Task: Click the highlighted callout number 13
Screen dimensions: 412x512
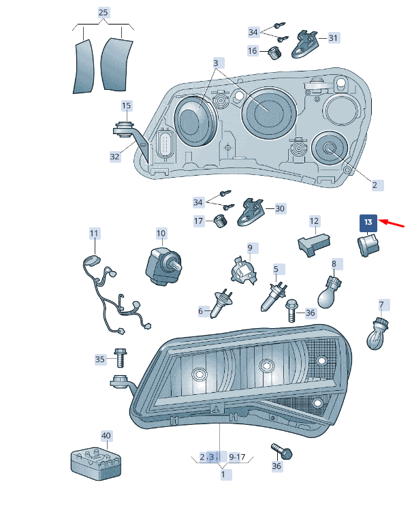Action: (x=368, y=223)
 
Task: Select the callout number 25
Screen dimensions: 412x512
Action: (x=103, y=13)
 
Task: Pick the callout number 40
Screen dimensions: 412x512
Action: (x=106, y=436)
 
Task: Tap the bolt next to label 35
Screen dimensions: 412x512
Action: (x=120, y=357)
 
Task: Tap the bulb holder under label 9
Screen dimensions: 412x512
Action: (x=244, y=271)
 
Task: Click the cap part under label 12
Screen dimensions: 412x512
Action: (x=314, y=245)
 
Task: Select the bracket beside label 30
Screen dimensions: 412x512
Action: (x=251, y=212)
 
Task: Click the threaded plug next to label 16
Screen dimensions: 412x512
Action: (x=274, y=53)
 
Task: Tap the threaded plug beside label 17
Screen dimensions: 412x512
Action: (x=221, y=221)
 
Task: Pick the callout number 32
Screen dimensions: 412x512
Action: (x=114, y=157)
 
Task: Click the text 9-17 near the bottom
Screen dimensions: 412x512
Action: (x=237, y=457)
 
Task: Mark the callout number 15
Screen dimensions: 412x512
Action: (x=126, y=106)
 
